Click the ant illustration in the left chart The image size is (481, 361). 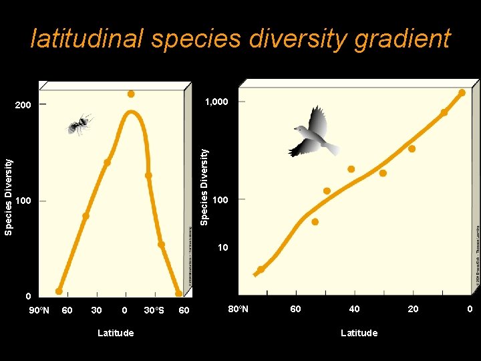click(80, 124)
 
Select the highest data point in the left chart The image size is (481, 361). click(131, 94)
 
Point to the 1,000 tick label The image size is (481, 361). click(216, 102)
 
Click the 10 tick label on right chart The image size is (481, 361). click(222, 248)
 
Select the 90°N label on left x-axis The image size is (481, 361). click(38, 310)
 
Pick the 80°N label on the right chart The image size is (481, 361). click(238, 309)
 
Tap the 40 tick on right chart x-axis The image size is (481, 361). click(354, 309)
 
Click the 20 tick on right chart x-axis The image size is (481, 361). click(414, 309)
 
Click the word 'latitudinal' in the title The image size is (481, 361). click(87, 39)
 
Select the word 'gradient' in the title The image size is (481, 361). click(404, 39)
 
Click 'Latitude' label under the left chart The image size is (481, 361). click(115, 333)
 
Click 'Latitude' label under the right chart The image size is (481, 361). click(359, 333)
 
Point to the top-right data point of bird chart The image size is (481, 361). click(462, 93)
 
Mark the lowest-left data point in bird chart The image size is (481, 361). click(261, 269)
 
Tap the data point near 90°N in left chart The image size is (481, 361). click(59, 291)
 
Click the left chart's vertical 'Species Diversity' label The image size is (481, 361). click(8, 197)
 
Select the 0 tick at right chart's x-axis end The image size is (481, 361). click(470, 309)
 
